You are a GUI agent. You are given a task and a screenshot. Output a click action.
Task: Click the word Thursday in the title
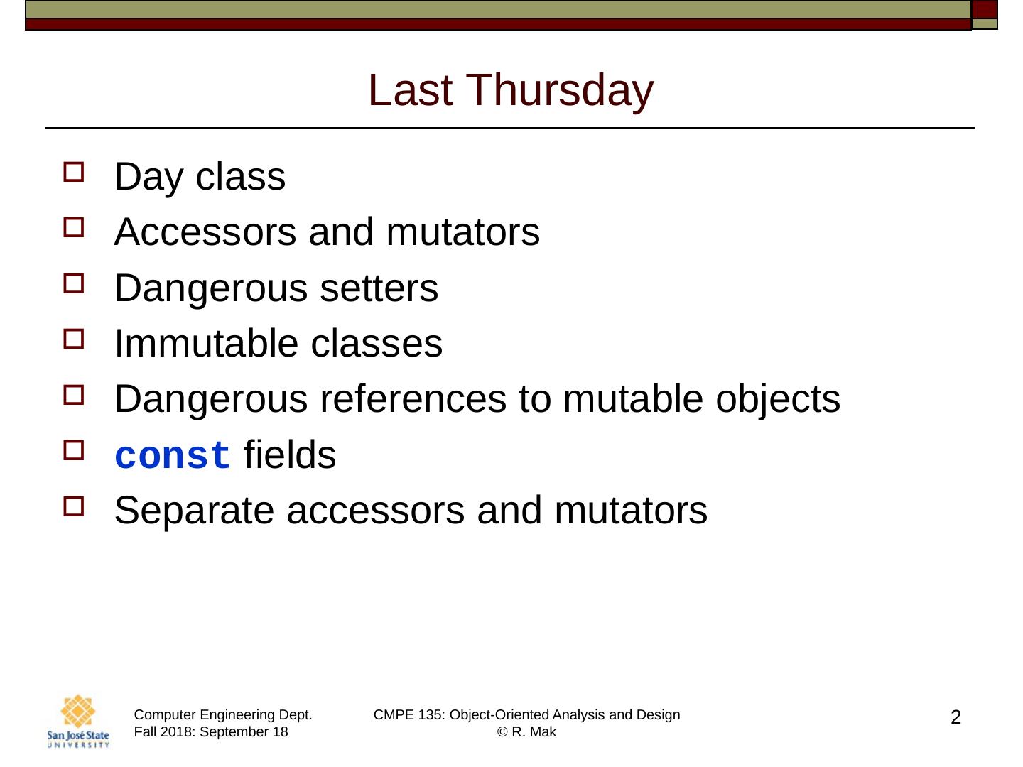[559, 91]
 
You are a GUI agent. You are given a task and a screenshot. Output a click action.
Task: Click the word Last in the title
[410, 90]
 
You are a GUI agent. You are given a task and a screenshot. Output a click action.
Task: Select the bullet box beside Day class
[74, 171]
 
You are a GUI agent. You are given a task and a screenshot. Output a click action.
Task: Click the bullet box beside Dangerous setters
[74, 283]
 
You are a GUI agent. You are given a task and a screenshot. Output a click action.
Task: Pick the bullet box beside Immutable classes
[74, 339]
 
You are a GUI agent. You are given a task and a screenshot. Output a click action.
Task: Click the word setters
[379, 288]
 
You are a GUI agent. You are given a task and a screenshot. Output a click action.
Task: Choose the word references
[413, 399]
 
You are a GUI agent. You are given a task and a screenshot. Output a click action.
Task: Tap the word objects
[778, 401]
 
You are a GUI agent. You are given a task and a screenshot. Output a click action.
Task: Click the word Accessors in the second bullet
[205, 232]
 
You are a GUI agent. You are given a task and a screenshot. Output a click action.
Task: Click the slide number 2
[956, 717]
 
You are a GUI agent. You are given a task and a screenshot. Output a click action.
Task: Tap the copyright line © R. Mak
[526, 732]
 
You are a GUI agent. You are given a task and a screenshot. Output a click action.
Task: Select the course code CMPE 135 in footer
[408, 715]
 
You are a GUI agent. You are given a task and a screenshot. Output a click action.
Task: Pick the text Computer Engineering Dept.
[223, 715]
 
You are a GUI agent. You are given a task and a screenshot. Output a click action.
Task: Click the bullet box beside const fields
[74, 450]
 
